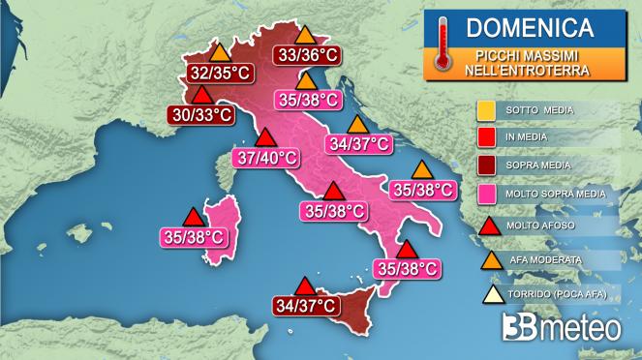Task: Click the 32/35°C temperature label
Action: point(217,73)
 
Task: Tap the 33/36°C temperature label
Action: point(305,55)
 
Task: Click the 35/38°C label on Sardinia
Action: point(192,234)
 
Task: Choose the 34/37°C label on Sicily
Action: point(305,306)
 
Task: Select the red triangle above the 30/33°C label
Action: point(202,95)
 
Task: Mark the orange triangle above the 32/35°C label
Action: point(220,52)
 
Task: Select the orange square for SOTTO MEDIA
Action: point(487,109)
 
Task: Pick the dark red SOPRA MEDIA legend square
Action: point(487,165)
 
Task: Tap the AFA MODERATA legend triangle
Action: point(487,259)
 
